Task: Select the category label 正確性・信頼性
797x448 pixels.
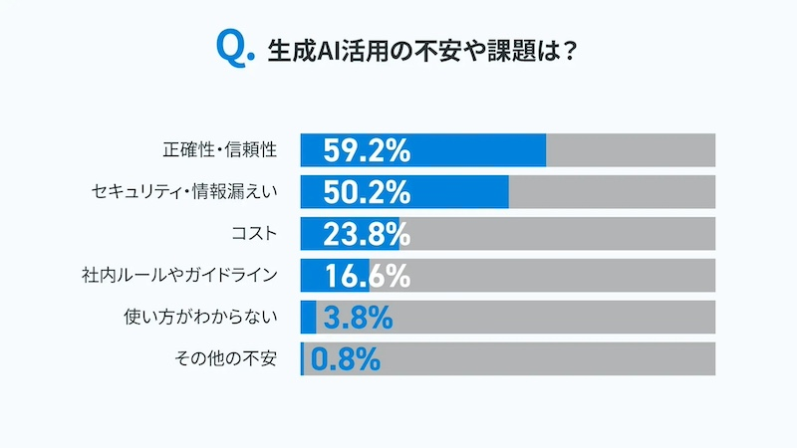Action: (x=218, y=150)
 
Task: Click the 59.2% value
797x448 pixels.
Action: (x=368, y=151)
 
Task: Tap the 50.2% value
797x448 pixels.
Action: (x=368, y=192)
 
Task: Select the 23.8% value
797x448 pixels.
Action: (x=368, y=234)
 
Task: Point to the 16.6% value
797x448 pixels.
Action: (x=368, y=276)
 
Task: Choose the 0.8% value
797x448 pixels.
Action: (x=346, y=359)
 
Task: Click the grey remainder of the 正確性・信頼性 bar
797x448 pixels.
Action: (x=630, y=150)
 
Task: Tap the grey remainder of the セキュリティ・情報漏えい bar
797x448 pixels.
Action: (x=612, y=192)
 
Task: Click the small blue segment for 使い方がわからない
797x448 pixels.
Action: (x=308, y=318)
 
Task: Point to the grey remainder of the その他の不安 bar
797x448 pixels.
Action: (x=548, y=359)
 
